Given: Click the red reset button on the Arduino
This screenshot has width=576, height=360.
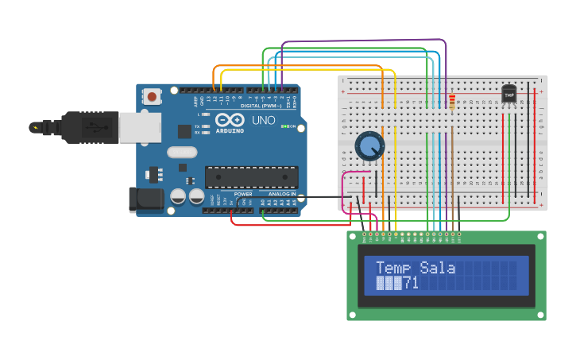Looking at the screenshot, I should point(151,97).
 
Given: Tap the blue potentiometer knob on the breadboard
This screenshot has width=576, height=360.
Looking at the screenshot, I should point(369,146).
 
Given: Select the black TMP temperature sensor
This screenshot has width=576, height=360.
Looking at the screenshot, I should point(509,95).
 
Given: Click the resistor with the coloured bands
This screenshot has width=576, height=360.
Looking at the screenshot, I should point(452,101).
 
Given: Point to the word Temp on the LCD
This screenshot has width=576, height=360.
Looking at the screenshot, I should point(396,268).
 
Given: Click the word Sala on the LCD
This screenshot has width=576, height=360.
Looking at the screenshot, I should point(438,268).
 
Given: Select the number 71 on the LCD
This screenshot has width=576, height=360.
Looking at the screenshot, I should point(411,283).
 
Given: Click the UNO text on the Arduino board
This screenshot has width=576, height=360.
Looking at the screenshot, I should point(263,120).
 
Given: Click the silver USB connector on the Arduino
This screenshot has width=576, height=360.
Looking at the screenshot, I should point(140,127).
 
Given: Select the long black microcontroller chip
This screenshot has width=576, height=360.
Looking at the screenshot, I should point(251,177).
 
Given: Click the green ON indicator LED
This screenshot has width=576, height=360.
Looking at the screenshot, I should point(283,126).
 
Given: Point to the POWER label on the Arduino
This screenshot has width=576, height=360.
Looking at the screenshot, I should point(243,194).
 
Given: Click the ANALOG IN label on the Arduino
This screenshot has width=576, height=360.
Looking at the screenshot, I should point(282,194).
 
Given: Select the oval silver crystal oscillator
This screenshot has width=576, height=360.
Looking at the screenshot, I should point(181,152).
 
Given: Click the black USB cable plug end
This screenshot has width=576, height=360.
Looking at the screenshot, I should point(48,127).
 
